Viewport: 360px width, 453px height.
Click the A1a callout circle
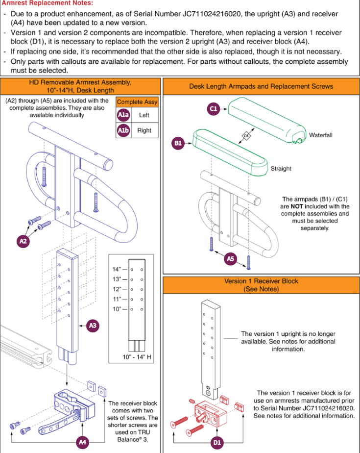click(124, 115)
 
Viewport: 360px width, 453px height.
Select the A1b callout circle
click(124, 130)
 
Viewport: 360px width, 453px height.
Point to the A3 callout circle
click(93, 325)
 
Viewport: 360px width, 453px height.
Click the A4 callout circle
click(83, 442)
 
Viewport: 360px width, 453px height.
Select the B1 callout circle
click(178, 143)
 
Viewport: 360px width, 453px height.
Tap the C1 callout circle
click(213, 109)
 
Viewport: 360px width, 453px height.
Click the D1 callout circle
click(217, 442)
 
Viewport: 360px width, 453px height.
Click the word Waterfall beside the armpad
click(320, 135)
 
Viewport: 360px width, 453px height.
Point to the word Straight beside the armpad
click(281, 169)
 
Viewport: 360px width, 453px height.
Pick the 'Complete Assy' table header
click(137, 102)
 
